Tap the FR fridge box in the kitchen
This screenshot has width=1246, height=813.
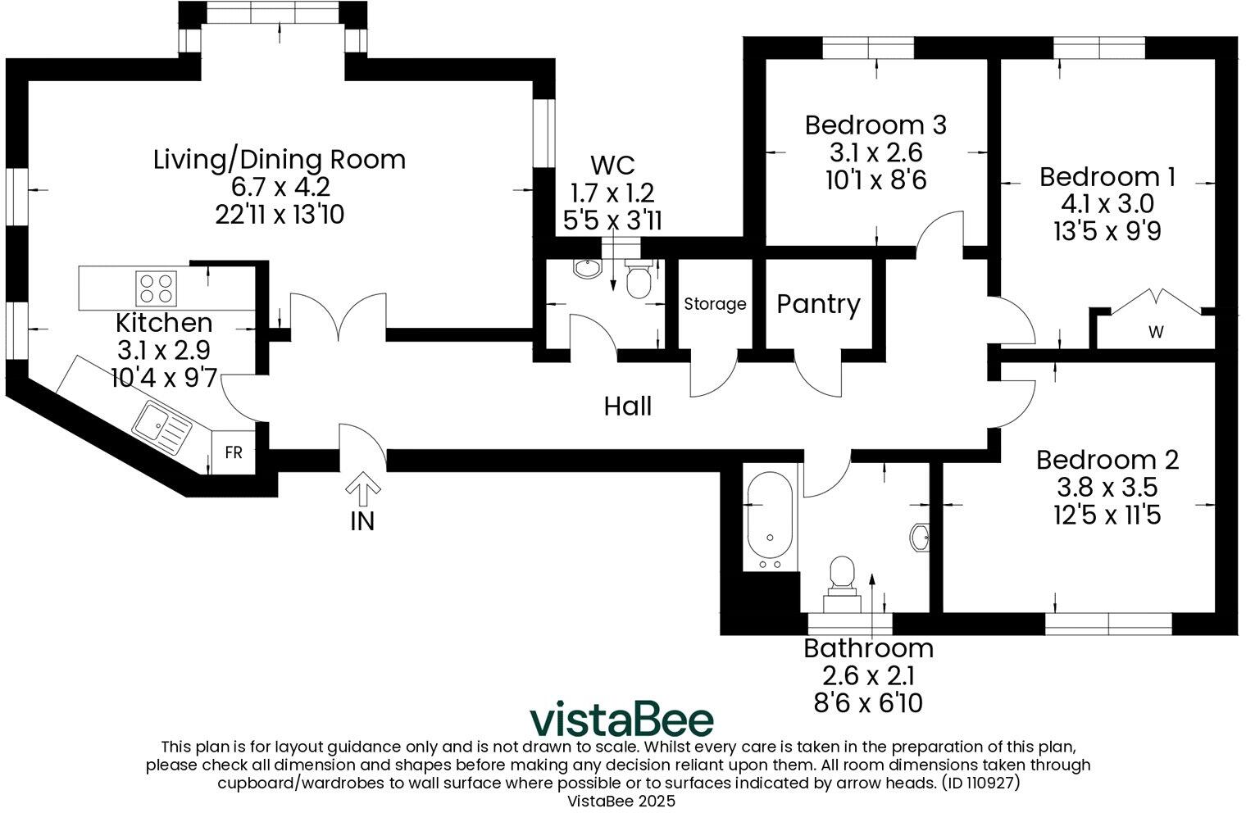tap(234, 452)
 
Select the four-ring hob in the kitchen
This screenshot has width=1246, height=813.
tap(156, 288)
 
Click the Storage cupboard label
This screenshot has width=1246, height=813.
tap(715, 304)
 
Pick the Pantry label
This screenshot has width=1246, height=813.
tap(818, 304)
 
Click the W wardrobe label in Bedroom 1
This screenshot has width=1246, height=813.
tap(1156, 332)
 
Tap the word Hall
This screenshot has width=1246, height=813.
tap(628, 406)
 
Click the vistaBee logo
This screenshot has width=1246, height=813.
tap(621, 720)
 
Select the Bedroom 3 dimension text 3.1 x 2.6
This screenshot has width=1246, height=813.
tap(875, 152)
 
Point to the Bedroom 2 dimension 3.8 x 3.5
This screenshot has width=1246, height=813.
tap(1107, 488)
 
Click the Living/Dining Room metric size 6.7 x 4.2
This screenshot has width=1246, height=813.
tap(280, 187)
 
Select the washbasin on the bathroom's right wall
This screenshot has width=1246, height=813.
tap(920, 538)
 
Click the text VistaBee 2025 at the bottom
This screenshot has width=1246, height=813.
tap(621, 802)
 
